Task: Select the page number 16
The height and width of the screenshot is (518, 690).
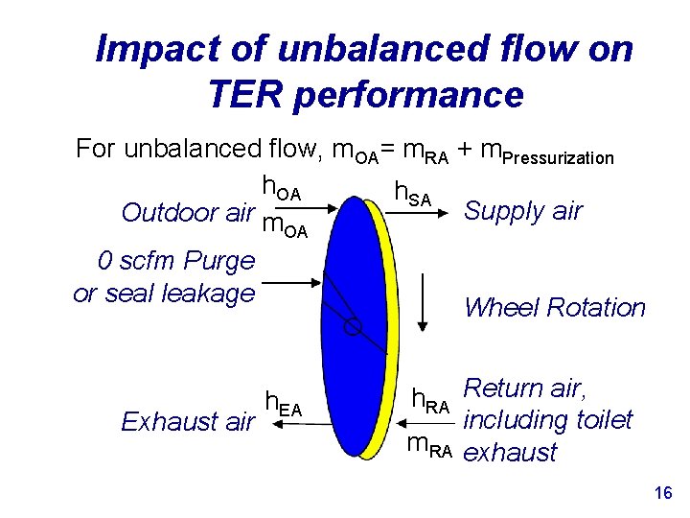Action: pos(661,493)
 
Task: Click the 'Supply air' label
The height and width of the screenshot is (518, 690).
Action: pos(522,211)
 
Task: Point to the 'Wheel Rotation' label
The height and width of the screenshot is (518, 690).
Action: pos(555,308)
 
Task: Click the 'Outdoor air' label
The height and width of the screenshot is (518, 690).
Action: pos(188,212)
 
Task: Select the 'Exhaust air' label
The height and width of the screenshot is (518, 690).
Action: pos(188,421)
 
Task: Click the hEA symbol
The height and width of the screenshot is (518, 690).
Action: pos(283,405)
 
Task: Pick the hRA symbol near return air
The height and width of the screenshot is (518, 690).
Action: pos(430,401)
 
